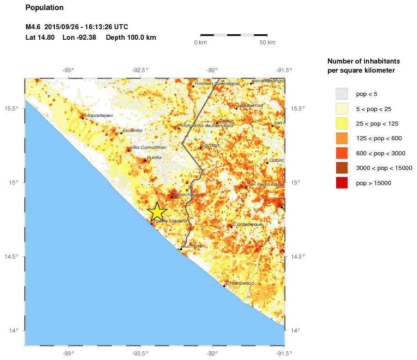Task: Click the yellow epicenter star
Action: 157,212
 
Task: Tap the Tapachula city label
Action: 185,194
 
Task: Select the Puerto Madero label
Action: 170,221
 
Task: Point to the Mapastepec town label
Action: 99,116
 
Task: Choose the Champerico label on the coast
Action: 240,283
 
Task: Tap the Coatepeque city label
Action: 248,224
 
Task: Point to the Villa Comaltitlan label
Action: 148,147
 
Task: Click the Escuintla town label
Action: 132,130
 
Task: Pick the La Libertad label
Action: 250,105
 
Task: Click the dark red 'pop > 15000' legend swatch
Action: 342,183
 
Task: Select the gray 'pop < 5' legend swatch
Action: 342,94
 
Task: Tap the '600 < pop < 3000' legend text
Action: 380,153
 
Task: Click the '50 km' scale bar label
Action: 267,42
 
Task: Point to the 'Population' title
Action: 44,8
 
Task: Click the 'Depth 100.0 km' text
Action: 131,37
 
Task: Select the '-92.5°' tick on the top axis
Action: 140,70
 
